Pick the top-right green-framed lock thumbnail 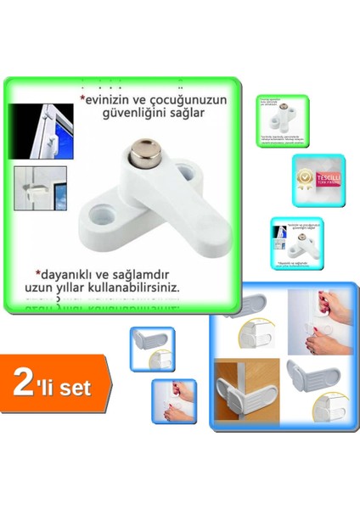coord(283,120)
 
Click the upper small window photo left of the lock coord(37,127)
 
